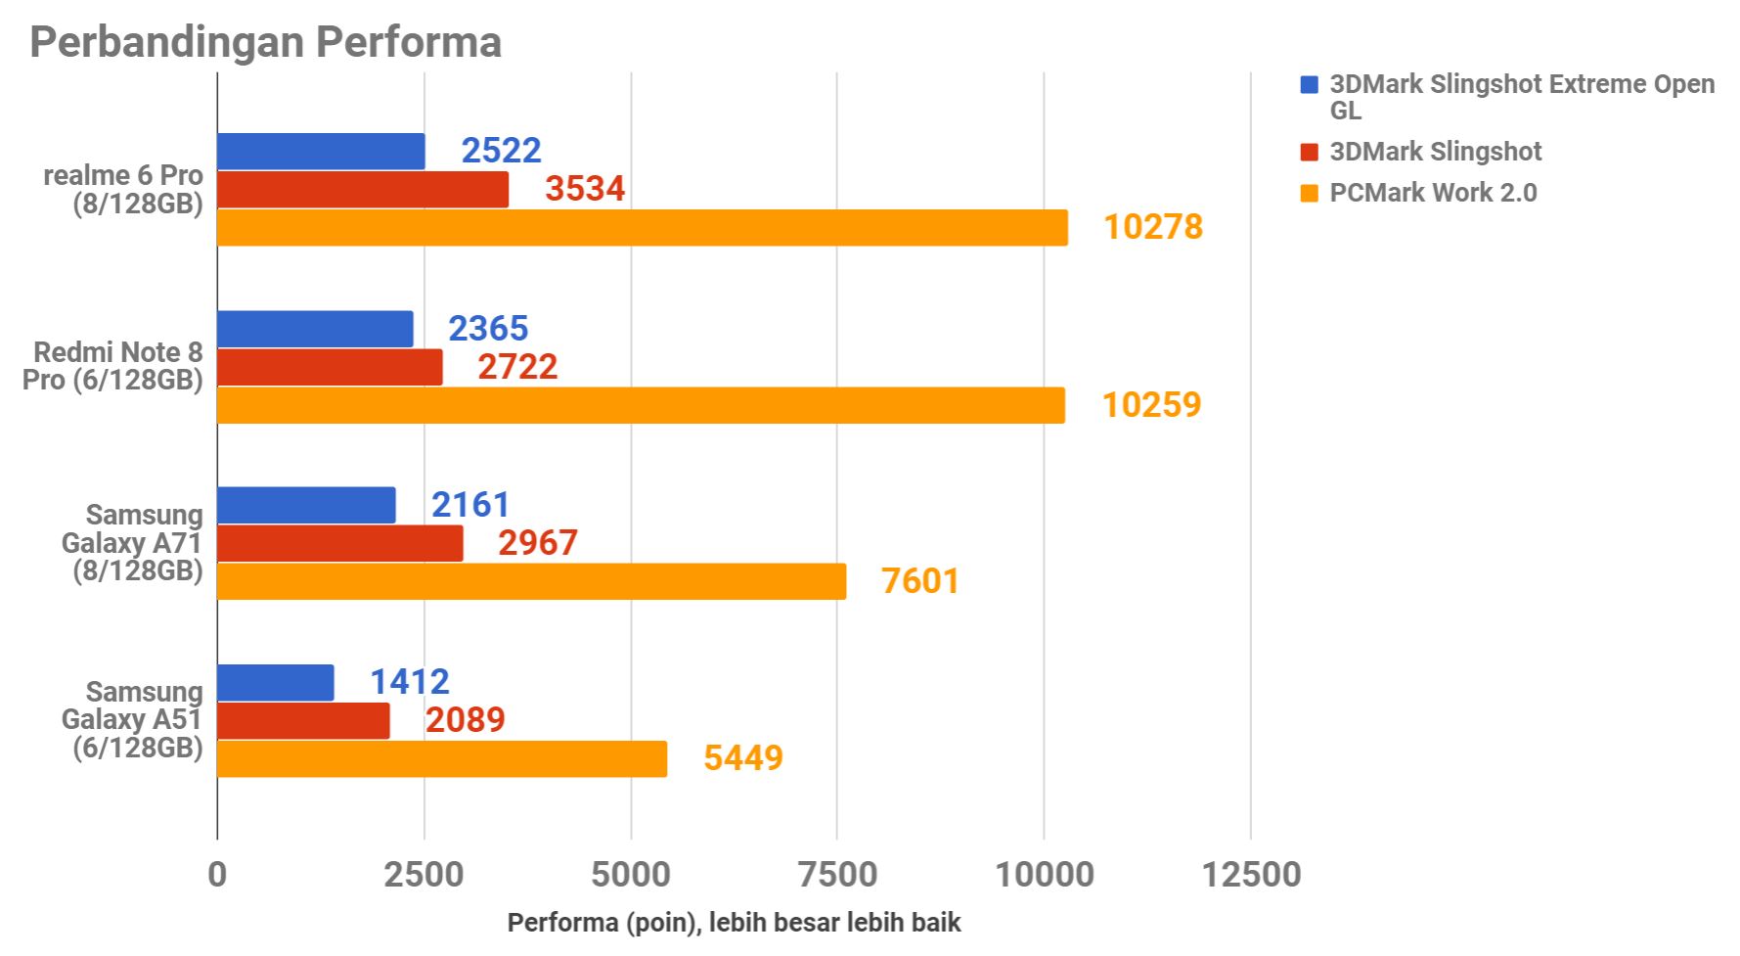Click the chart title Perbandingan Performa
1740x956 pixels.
pos(265,42)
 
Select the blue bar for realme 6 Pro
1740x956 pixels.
pos(321,152)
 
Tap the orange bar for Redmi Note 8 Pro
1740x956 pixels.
pos(641,405)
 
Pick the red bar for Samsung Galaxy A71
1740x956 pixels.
pos(339,543)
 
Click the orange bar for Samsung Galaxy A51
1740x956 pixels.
pos(442,758)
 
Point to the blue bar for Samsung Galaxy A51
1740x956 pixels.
pos(275,682)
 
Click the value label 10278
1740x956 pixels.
pos(1153,227)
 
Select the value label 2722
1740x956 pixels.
pos(517,367)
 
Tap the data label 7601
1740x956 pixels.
pos(920,581)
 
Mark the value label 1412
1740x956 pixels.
pos(410,682)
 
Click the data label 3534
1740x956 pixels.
pos(585,189)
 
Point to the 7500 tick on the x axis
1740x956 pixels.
pos(837,874)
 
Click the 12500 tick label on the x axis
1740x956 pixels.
pos(1251,874)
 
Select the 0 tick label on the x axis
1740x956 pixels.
pos(217,874)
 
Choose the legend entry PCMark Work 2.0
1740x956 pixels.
pos(1433,193)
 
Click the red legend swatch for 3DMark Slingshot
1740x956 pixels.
pos(1310,153)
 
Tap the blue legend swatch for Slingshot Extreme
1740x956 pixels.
pos(1310,85)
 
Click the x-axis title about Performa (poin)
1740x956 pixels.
pos(734,923)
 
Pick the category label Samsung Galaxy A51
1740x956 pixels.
pos(132,719)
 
